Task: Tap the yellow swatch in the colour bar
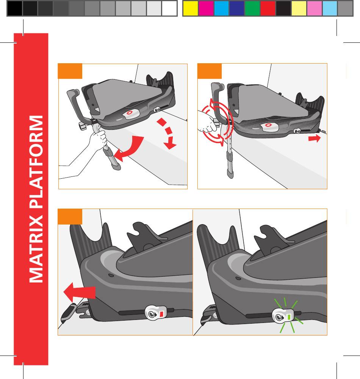click(x=190, y=8)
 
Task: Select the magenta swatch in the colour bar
click(x=206, y=8)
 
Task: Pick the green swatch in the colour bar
click(x=252, y=8)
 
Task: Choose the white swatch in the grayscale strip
click(x=169, y=8)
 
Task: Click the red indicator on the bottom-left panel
click(x=161, y=314)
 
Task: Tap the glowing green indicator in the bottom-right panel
click(x=289, y=317)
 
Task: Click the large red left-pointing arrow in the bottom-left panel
click(x=79, y=292)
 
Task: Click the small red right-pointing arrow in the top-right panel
click(x=315, y=139)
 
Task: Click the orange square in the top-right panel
click(x=210, y=71)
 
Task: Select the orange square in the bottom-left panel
click(x=70, y=217)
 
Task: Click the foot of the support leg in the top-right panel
click(x=230, y=173)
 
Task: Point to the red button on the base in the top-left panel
click(x=130, y=112)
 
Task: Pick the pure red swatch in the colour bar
click(x=268, y=8)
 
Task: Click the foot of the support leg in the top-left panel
click(x=116, y=166)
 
